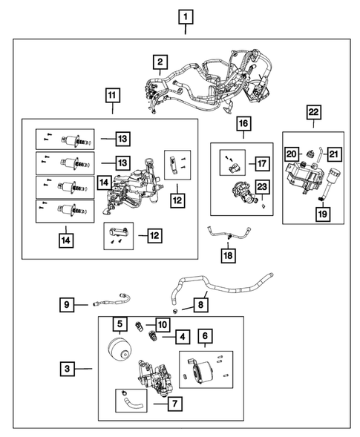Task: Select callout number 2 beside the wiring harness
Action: click(160, 62)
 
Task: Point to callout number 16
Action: click(243, 122)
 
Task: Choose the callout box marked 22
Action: click(314, 113)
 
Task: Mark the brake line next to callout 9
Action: click(113, 301)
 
